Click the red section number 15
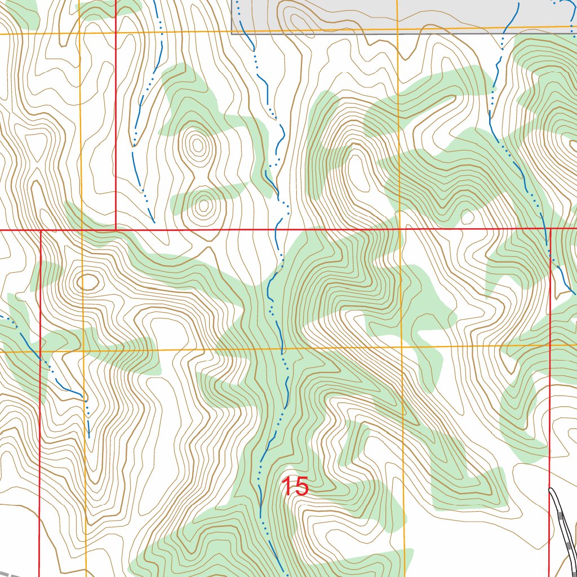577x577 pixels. click(x=295, y=487)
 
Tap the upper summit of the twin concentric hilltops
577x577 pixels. click(x=198, y=146)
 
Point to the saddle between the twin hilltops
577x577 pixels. click(x=201, y=178)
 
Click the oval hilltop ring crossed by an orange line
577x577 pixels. click(x=87, y=281)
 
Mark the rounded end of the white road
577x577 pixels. click(x=552, y=491)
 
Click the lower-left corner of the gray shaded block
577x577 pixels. click(x=232, y=34)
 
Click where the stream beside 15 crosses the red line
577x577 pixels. click(x=277, y=230)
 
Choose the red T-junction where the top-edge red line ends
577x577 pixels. click(x=116, y=230)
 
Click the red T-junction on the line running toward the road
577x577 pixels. click(x=549, y=229)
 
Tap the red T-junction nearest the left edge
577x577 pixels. click(x=41, y=230)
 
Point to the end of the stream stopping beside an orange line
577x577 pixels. click(x=88, y=437)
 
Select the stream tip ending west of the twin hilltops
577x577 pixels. click(x=153, y=221)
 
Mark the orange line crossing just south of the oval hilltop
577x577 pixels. click(x=83, y=350)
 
